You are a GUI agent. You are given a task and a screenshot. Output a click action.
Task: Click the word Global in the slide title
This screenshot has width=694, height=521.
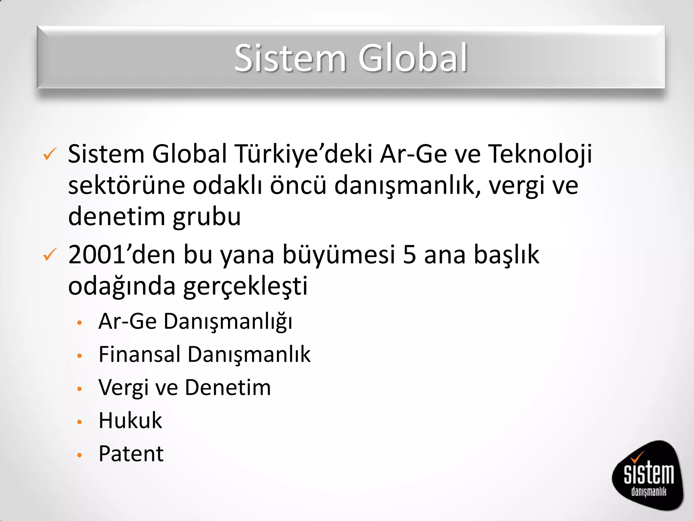[x=413, y=58]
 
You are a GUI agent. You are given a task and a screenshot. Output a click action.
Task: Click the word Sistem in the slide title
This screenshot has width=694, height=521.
[x=290, y=58]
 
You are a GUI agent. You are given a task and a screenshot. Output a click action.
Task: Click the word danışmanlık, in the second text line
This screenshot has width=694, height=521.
[x=407, y=186]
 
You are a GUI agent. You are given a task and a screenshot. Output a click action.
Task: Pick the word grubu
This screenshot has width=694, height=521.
[x=207, y=217]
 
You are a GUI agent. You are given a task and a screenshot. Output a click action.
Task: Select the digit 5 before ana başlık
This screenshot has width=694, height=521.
[x=409, y=254]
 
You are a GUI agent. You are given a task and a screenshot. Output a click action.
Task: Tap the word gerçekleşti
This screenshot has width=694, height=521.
[x=245, y=286]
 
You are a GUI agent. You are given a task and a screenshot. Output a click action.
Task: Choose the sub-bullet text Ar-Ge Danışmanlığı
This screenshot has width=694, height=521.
[x=195, y=321]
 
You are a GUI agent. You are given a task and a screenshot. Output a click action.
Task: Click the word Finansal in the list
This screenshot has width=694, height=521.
[x=139, y=354]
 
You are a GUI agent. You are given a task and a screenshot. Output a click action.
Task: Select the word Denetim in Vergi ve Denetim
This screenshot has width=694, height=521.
[x=228, y=387]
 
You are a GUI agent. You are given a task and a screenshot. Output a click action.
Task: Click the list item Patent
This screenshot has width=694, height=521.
[x=131, y=454]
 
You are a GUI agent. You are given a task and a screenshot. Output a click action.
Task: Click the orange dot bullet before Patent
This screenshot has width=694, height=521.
[x=80, y=455]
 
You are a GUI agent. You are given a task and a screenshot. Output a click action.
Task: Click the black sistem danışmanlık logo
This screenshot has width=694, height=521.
[x=648, y=475]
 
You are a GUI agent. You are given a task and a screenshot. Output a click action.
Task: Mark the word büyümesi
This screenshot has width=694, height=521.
[x=339, y=254]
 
